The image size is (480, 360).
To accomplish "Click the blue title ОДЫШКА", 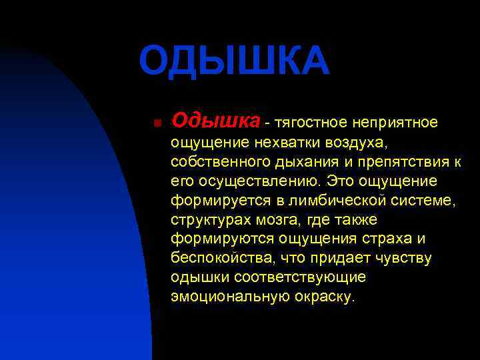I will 234,61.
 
